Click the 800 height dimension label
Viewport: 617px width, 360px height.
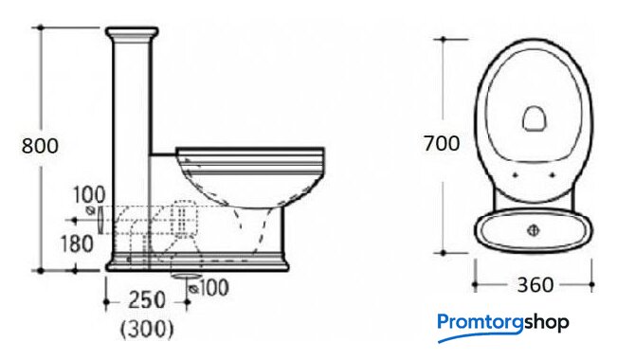tap(40, 146)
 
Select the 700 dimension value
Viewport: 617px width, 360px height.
tap(442, 143)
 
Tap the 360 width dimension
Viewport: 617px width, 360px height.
tap(535, 284)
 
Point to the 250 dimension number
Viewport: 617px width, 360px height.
tap(147, 300)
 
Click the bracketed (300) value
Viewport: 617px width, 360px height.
tap(147, 329)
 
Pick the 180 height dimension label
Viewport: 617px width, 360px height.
tap(77, 243)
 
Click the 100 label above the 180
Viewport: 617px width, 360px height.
tap(90, 195)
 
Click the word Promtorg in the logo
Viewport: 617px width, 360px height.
tap(481, 323)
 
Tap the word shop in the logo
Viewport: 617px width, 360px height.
tap(546, 323)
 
